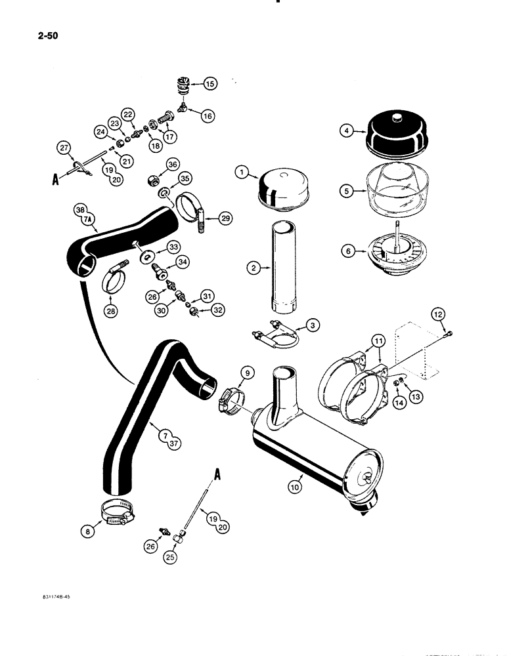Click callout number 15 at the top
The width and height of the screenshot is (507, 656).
(209, 83)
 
